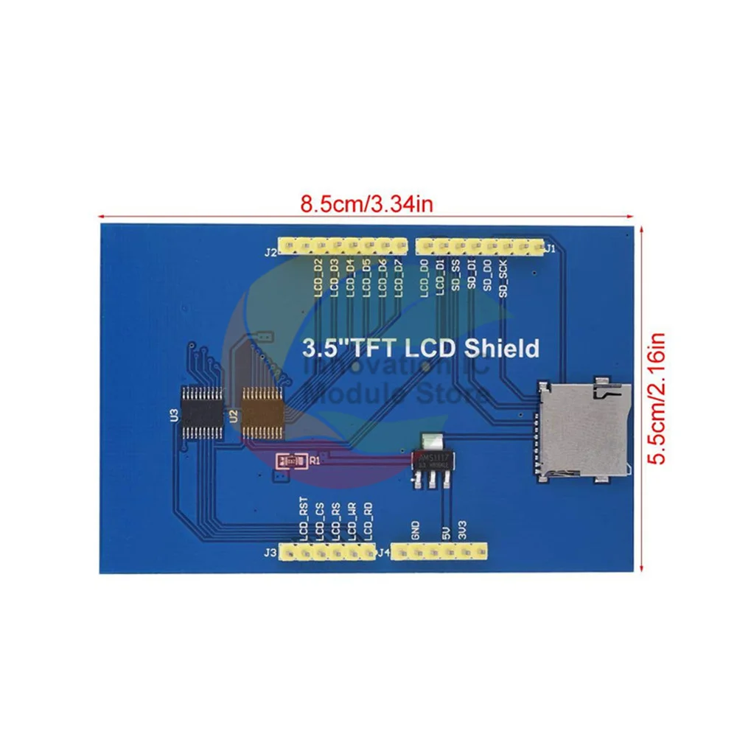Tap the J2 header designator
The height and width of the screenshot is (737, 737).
[x=269, y=252]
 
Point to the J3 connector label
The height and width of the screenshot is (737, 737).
[x=270, y=551]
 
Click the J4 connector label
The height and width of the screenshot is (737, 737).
[x=383, y=551]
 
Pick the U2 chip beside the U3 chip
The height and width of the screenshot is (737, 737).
[x=263, y=413]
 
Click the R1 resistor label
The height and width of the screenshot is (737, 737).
[x=315, y=461]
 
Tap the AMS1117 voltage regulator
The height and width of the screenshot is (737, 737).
[x=430, y=458]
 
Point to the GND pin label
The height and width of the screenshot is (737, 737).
[x=416, y=531]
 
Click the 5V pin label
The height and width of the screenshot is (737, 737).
[x=447, y=533]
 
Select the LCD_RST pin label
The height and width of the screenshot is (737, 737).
[x=303, y=520]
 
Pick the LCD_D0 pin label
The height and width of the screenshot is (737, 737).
[x=424, y=279]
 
